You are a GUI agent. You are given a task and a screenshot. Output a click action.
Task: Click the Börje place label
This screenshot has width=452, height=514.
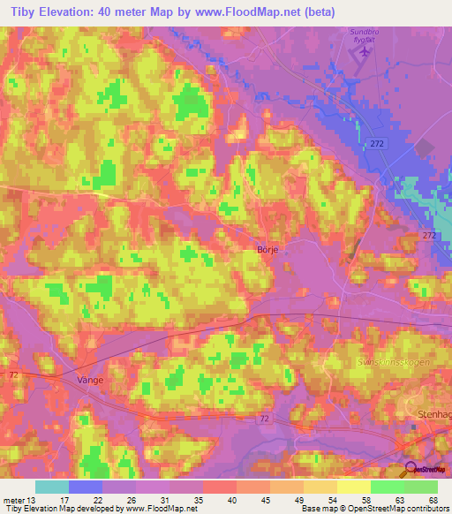tap(267, 250)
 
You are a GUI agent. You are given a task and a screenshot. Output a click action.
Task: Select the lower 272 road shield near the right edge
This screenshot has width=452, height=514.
tap(428, 236)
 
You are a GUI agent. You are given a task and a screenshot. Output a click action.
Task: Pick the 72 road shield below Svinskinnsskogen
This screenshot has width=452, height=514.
tap(265, 418)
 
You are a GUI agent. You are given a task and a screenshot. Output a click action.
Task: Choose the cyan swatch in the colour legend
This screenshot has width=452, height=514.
tap(51, 487)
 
